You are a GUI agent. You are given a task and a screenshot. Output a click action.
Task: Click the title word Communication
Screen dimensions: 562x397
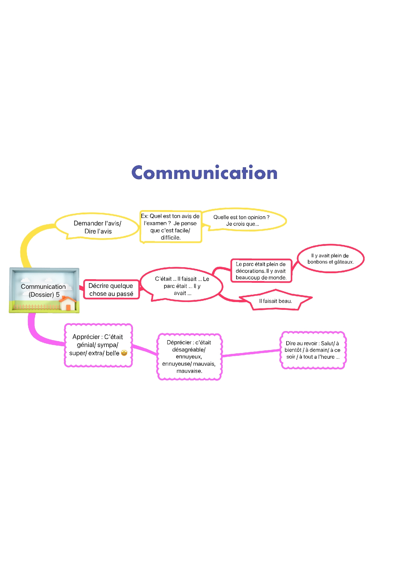(204, 173)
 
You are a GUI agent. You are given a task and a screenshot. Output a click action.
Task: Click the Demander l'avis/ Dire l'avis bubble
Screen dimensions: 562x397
(97, 227)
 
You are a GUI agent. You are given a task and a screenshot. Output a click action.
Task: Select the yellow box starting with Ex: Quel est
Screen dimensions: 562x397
(170, 227)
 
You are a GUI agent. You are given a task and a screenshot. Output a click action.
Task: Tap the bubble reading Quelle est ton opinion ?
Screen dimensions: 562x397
(242, 220)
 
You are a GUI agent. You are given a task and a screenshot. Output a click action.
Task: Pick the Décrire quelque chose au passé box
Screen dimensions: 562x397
(111, 290)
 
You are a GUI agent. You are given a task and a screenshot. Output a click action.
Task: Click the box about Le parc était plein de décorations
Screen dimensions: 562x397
(261, 271)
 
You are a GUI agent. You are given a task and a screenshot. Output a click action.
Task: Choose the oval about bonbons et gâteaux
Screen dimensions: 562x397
(330, 259)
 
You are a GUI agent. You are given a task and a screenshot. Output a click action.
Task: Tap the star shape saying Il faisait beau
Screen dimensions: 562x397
(275, 301)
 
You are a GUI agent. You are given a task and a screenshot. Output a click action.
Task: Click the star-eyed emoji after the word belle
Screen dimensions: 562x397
(124, 353)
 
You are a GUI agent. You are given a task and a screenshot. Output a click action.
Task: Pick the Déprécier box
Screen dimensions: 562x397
(189, 357)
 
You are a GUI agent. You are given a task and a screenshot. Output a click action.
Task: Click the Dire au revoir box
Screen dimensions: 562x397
(312, 350)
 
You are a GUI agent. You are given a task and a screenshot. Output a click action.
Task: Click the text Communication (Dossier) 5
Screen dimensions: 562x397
(44, 290)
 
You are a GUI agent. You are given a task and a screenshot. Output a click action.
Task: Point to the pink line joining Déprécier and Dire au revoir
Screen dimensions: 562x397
(251, 353)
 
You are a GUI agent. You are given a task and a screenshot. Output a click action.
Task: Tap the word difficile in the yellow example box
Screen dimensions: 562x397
(170, 237)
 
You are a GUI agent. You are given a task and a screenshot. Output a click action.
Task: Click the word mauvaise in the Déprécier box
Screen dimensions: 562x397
(189, 371)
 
